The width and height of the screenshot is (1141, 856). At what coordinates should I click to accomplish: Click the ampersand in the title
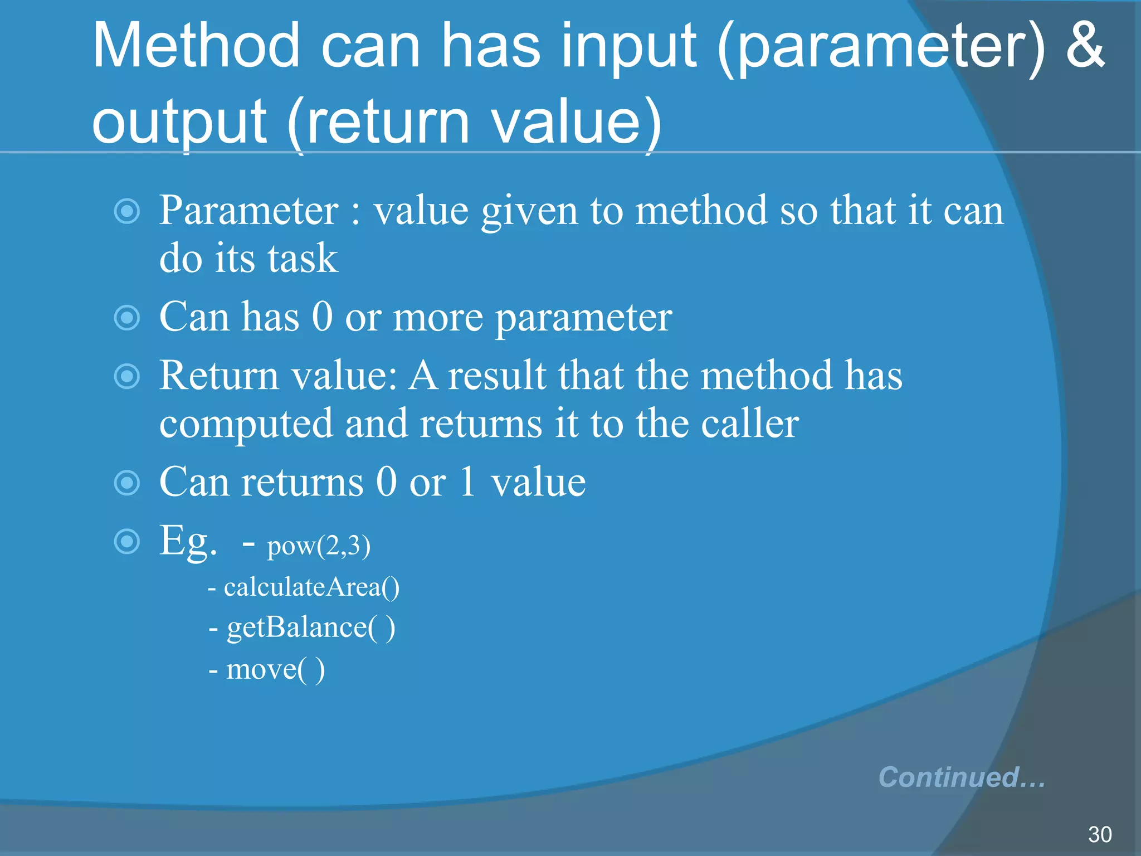(x=1084, y=46)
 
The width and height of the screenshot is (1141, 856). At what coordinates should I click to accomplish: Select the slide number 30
(x=1099, y=834)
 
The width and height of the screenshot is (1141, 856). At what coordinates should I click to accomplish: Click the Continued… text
(x=961, y=777)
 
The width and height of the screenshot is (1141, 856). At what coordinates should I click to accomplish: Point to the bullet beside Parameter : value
(x=127, y=211)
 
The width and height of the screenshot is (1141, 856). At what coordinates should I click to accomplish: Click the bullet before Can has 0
(x=127, y=318)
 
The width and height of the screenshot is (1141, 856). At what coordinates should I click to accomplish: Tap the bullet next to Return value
(x=127, y=376)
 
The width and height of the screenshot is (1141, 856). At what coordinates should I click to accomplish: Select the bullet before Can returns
(x=127, y=483)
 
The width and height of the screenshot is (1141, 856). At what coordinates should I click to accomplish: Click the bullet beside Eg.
(x=127, y=541)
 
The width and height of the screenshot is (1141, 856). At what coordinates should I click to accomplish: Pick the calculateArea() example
(x=311, y=587)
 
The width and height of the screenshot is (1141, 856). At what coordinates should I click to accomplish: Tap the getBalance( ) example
(x=310, y=628)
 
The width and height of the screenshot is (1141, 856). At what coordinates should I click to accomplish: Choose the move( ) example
(x=275, y=669)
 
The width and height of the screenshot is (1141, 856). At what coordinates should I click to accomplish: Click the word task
(x=303, y=259)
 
